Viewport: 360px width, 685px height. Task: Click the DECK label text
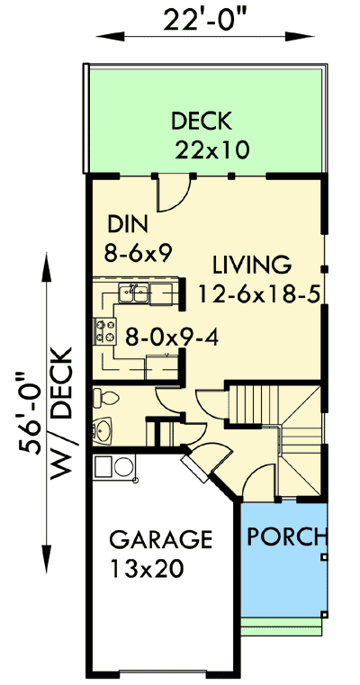[x=202, y=120]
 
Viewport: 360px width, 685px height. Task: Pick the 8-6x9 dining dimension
[x=139, y=253]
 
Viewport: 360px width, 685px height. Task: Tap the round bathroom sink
[x=103, y=431]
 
